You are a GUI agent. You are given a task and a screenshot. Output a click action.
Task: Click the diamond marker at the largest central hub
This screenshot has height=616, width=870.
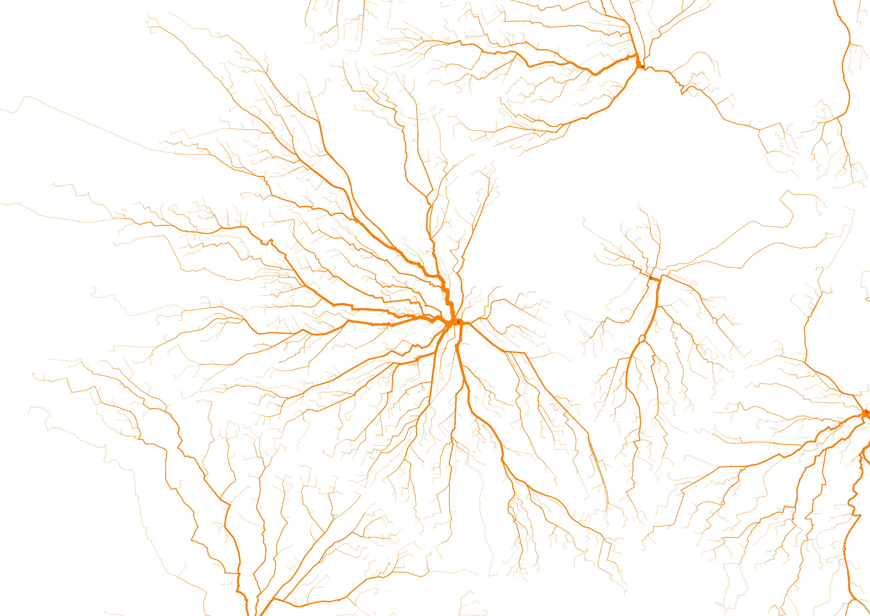(x=458, y=322)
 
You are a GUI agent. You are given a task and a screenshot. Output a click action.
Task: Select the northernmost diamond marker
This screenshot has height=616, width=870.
(x=643, y=67)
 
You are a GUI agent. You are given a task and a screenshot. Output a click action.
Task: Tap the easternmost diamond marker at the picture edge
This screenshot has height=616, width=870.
(x=867, y=412)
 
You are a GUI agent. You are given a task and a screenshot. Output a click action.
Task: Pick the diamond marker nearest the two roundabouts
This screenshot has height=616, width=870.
(x=651, y=278)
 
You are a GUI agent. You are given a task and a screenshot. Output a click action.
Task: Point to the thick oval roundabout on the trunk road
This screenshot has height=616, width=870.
(x=642, y=338)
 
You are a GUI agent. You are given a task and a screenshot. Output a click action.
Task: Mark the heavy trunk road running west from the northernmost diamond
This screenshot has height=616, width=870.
(x=606, y=68)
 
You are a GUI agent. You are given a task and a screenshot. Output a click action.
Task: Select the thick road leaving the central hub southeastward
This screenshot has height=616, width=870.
(x=485, y=338)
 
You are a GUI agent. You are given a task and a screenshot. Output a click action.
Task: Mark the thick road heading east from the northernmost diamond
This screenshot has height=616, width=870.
(x=663, y=71)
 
